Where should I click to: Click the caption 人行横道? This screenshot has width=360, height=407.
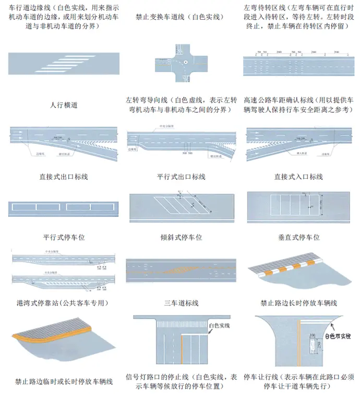tap(64, 105)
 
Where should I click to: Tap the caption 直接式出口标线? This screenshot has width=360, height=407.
tap(64, 177)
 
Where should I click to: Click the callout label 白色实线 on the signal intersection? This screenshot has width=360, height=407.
tap(219, 326)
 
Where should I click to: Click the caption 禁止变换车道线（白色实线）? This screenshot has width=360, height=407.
tap(179, 17)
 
